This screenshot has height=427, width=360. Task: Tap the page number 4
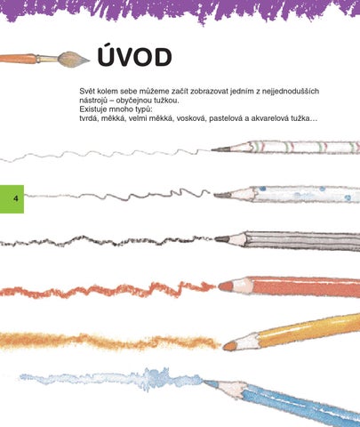pos(16,198)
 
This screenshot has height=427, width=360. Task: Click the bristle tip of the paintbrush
pos(89,60)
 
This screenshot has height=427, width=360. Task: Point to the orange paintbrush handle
pos(18,59)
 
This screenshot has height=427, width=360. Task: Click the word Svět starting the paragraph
pos(87,91)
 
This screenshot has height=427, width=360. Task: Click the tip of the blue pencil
pos(204,381)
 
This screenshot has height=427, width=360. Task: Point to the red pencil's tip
pos(220,286)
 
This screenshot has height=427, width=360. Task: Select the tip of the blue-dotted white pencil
pos(215,195)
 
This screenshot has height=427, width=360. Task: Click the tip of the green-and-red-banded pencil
pos(212,149)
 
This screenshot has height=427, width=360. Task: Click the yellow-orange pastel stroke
pos(109,341)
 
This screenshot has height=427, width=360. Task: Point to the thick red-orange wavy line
pos(108,290)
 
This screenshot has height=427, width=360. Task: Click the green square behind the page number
pos(12,198)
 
